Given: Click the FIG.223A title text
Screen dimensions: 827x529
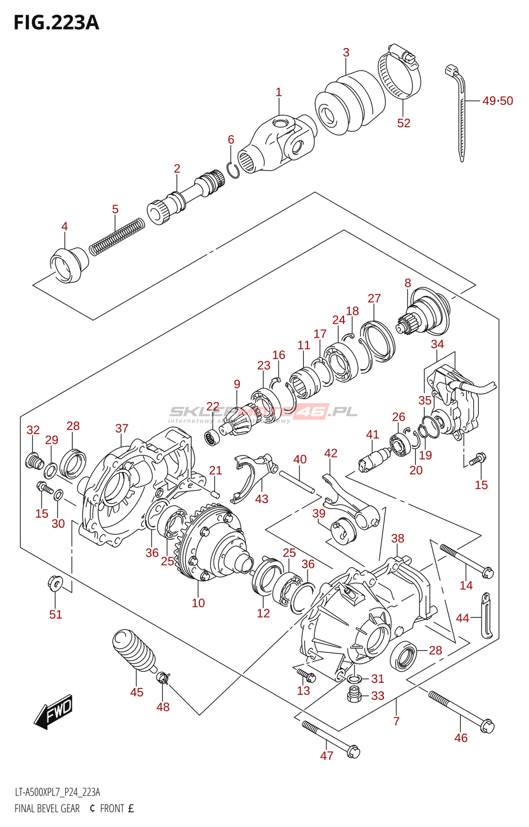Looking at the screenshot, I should point(56,23).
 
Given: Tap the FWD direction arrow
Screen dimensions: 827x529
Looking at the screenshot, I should point(54,712).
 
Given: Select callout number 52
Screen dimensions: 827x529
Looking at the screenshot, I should point(403,123).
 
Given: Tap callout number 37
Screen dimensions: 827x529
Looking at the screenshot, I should point(121,428).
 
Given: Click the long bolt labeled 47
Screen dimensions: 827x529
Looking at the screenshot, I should point(331,740).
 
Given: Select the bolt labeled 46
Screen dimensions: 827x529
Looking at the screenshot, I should point(461,712).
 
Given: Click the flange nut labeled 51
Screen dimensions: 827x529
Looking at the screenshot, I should point(54,583).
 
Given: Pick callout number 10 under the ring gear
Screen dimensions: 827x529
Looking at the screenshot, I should point(198,603).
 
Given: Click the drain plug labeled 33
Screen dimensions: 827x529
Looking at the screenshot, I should point(354,695).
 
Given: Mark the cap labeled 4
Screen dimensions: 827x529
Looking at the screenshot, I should point(69,265).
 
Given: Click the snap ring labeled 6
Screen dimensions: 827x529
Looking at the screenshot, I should point(233,170).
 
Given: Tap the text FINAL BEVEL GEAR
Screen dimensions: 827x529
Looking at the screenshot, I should point(47,808).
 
